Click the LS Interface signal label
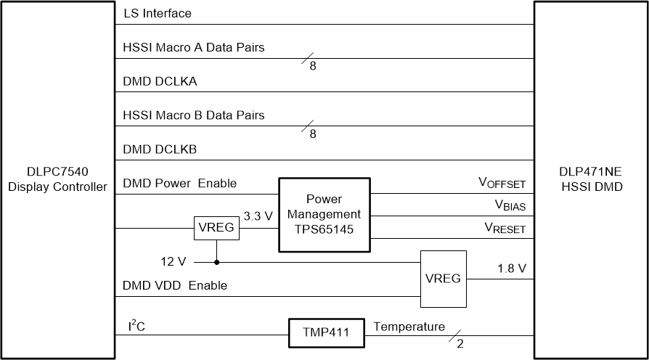pos(158,14)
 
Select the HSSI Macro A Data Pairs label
pos(194,48)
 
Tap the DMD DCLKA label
pos(160,81)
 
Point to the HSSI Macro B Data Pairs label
pos(194,115)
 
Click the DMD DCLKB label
pos(160,150)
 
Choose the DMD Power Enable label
pos(180,184)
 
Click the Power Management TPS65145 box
pos(324,214)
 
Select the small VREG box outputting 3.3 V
pos(216,229)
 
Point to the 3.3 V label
pos(258,217)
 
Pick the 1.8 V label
pos(511,269)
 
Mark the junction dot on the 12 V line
pos(216,262)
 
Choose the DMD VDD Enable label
pos(175,286)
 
